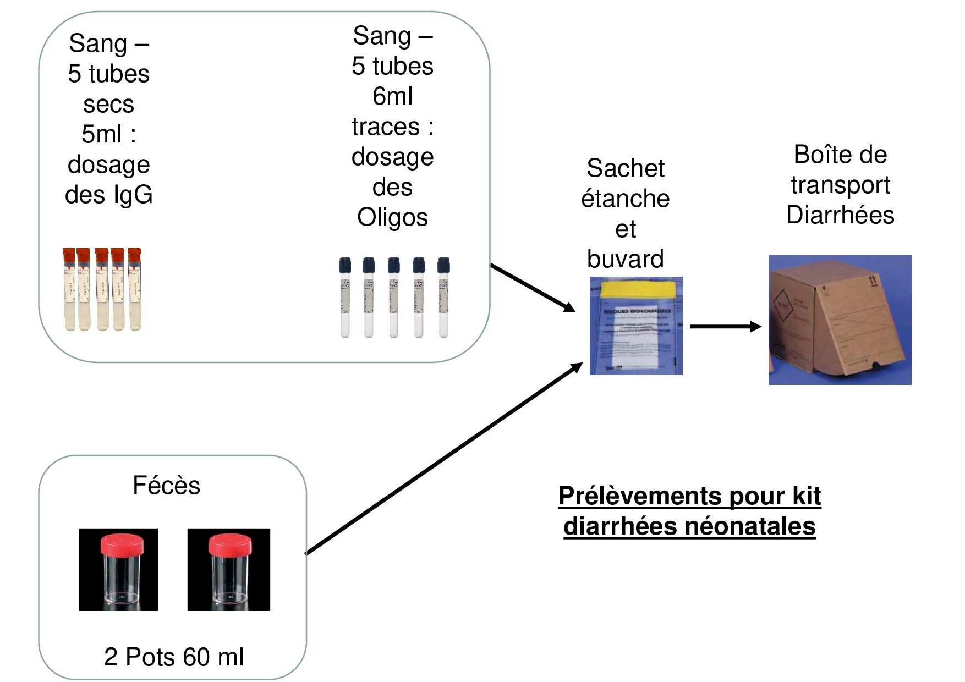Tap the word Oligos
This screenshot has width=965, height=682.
(392, 217)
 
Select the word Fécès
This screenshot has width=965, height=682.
(166, 486)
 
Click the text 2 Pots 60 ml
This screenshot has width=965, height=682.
(174, 657)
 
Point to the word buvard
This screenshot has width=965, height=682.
(626, 259)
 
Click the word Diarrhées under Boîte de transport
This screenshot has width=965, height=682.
(840, 215)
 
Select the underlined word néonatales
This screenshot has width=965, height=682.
(750, 526)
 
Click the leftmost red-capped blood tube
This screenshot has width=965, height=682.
(69, 289)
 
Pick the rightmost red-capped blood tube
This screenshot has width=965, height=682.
(135, 289)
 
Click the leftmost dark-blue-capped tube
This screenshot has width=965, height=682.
(345, 297)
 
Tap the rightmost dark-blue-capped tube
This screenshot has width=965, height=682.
(443, 297)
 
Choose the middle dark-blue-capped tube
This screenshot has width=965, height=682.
(394, 297)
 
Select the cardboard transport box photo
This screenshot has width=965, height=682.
(840, 320)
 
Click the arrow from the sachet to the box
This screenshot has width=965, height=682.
(725, 327)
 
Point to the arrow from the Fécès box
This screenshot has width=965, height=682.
(443, 459)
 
